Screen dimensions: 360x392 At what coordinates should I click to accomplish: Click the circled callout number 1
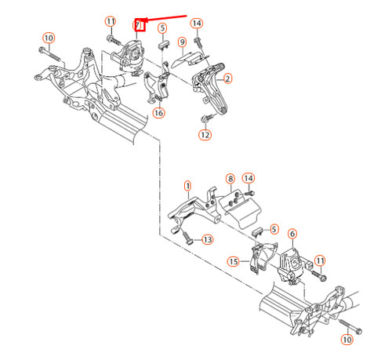188,186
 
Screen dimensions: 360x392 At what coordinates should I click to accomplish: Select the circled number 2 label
228,78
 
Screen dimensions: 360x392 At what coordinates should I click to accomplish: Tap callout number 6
292,234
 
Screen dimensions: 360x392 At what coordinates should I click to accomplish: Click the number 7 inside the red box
139,25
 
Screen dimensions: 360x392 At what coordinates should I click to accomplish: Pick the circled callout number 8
230,180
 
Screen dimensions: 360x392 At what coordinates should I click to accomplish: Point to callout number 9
182,42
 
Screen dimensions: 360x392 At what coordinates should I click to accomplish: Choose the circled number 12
205,135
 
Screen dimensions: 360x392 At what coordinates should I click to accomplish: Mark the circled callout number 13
207,239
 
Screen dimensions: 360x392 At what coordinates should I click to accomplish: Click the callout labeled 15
234,260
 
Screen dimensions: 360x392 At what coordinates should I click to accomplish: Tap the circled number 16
159,113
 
